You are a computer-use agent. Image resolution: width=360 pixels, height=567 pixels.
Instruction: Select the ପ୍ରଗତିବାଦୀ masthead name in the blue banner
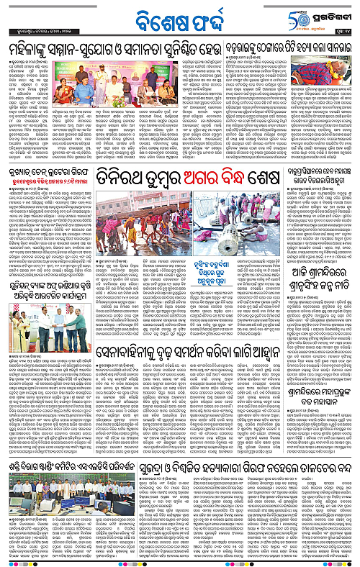point(333,14)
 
